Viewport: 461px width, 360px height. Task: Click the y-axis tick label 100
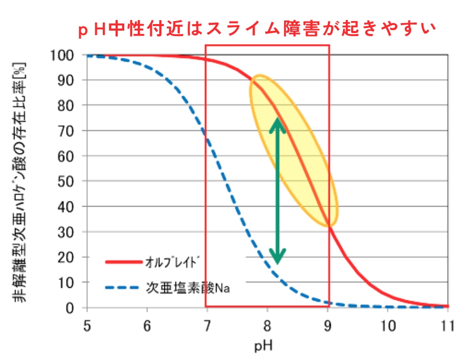pyautogui.click(x=64, y=55)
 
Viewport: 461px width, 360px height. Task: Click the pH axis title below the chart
pyautogui.click(x=267, y=345)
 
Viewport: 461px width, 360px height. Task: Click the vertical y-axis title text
pyautogui.click(x=20, y=181)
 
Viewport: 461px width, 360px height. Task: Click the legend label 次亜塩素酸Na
pyautogui.click(x=187, y=288)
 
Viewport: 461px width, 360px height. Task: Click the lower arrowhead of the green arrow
pyautogui.click(x=277, y=257)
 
